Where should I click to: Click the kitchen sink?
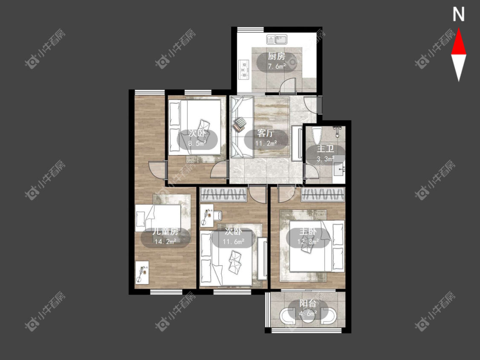coord(277,40)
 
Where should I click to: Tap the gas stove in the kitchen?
coord(244,69)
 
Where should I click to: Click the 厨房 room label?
coord(276,56)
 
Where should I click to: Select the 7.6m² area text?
coord(277,66)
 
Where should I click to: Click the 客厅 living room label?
coord(266,134)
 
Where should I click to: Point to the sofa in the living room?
coord(242,127)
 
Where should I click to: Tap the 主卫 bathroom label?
coord(325,149)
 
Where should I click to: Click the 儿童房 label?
coord(166,232)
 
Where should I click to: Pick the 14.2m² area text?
coord(165,242)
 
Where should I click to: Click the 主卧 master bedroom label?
coord(308,232)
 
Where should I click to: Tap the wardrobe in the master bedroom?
coord(323,195)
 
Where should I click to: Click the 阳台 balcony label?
coord(308,304)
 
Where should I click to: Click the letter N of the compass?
coord(459,14)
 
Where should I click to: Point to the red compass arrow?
coord(459,42)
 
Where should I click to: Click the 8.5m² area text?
coord(198,143)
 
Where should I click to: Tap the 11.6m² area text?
coord(233,242)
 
